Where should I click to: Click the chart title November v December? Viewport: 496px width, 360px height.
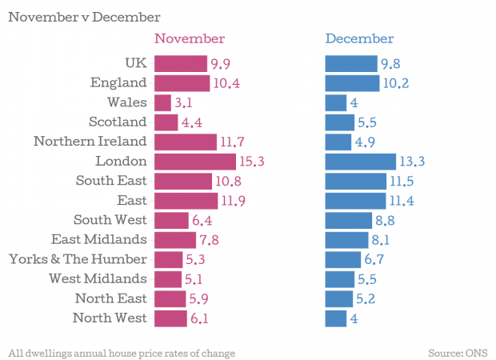click(84, 16)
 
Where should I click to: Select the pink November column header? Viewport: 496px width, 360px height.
click(190, 38)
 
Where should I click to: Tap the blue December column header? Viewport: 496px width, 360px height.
click(359, 38)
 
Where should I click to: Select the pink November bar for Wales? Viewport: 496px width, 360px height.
click(162, 102)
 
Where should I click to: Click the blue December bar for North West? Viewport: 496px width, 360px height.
click(335, 318)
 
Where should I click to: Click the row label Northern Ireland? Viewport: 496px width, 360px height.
click(90, 142)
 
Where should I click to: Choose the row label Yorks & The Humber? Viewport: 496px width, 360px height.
click(78, 259)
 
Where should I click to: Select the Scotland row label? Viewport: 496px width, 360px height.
click(118, 122)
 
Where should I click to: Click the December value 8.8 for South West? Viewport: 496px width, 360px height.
click(386, 220)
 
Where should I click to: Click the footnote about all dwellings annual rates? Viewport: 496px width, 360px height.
click(122, 352)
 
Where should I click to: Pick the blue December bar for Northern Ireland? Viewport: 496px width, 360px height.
click(338, 142)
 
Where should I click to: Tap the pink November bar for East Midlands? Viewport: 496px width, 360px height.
click(174, 240)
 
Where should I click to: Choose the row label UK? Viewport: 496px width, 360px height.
click(136, 63)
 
